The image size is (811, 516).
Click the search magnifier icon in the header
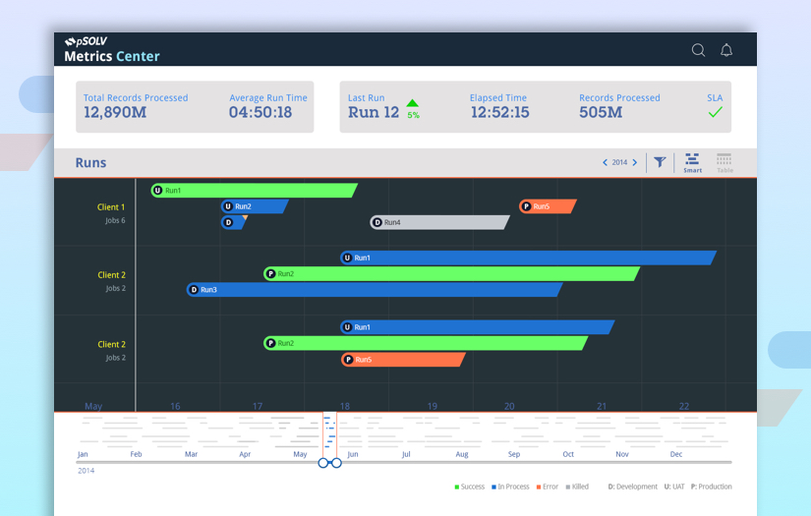click(x=698, y=50)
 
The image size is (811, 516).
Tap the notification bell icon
click(x=726, y=50)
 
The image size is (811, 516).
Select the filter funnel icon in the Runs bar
click(x=660, y=162)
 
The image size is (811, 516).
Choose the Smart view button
click(x=693, y=162)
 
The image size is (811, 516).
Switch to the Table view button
click(x=724, y=162)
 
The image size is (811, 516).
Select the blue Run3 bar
click(x=374, y=290)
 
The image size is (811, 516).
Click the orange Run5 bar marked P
click(x=548, y=206)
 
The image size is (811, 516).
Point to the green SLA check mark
click(x=715, y=112)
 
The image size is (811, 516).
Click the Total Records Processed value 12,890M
click(x=115, y=112)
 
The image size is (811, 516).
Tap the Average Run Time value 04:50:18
click(x=261, y=112)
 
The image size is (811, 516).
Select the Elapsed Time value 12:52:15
click(x=499, y=112)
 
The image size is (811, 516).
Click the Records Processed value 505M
click(x=601, y=112)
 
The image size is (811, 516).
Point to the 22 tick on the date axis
click(x=684, y=406)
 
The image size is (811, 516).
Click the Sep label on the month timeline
click(x=514, y=454)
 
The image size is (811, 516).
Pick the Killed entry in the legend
click(x=578, y=487)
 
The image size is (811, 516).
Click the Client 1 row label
click(x=111, y=207)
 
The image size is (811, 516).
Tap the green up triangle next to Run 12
click(x=413, y=103)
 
